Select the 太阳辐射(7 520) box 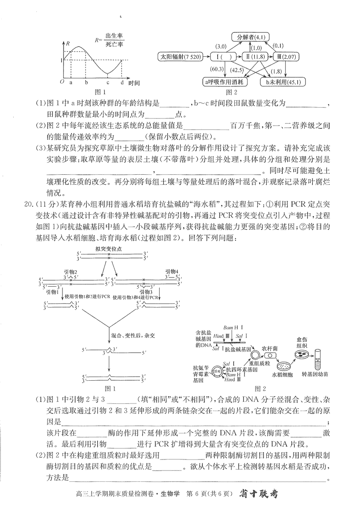[180, 57]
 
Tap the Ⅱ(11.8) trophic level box [255, 57]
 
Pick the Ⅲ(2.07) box [286, 57]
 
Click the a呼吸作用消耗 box [224, 82]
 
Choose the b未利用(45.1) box [283, 82]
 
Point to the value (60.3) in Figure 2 [217, 69]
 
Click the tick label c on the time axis [108, 83]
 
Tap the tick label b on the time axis [86, 83]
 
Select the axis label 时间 [134, 83]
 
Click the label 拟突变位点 [108, 249]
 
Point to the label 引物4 [172, 271]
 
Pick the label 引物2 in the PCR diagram [70, 272]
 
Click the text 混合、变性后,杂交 [133, 335]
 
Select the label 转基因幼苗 [315, 374]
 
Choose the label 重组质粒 [260, 363]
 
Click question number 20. [29, 204]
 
